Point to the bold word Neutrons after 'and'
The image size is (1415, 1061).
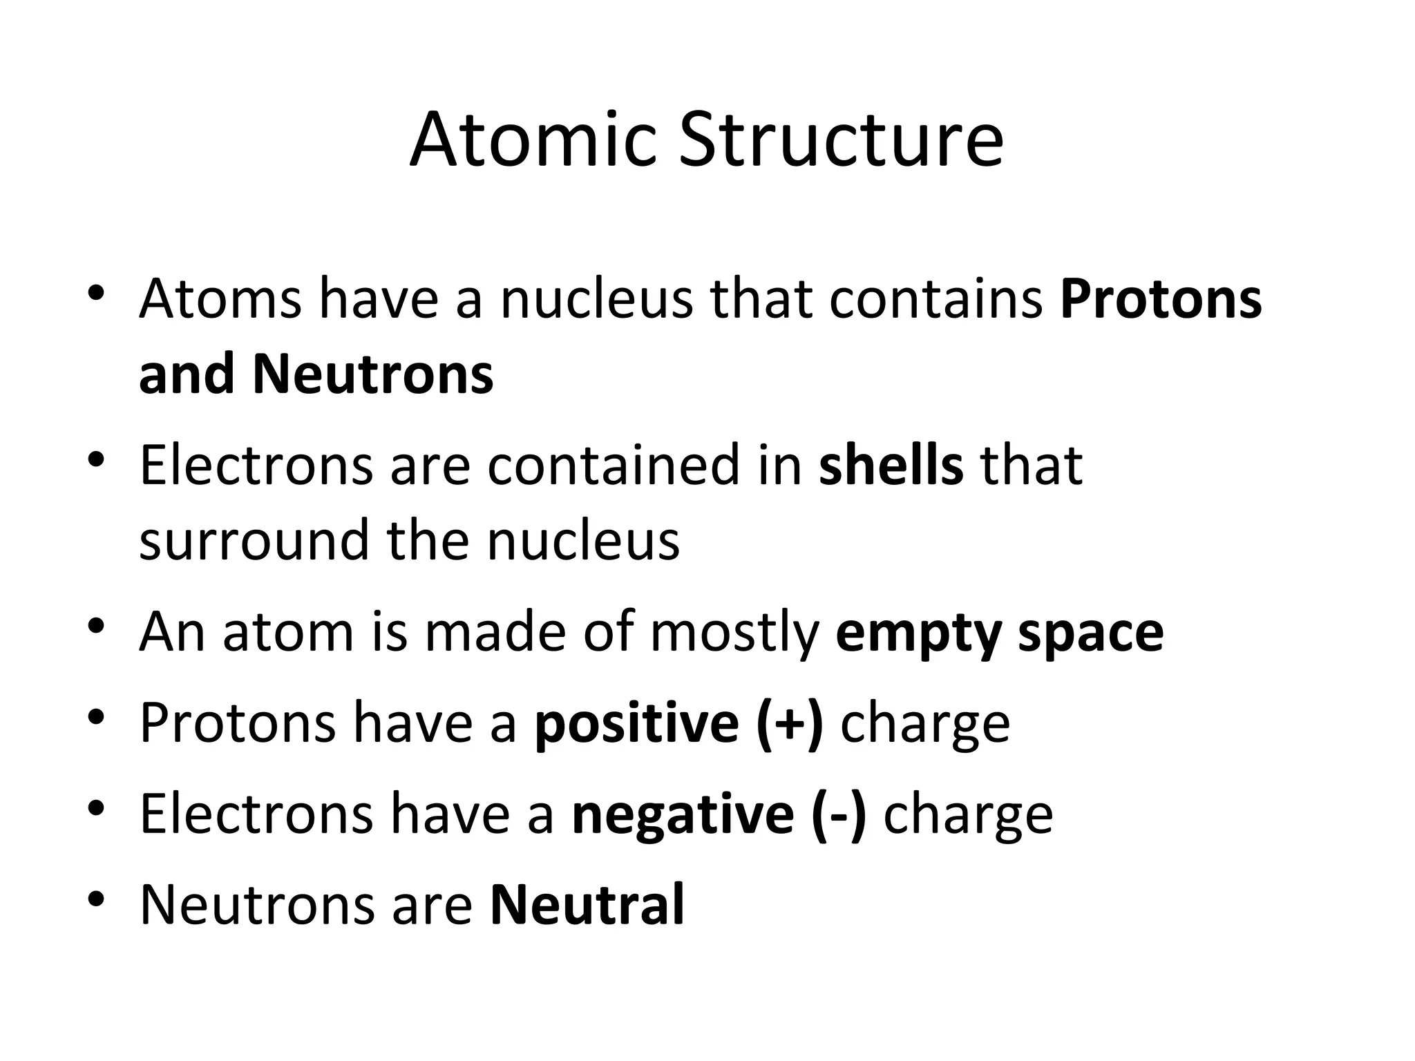[373, 374]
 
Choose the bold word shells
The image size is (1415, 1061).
[891, 465]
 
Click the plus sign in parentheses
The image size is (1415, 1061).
[790, 723]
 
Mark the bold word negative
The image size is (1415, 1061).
[683, 815]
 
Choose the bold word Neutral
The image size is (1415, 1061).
[587, 904]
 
